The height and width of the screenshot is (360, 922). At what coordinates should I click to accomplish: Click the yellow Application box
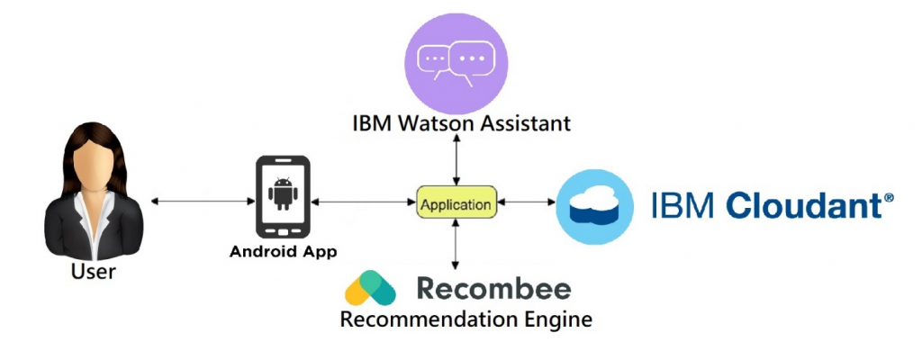tap(457, 203)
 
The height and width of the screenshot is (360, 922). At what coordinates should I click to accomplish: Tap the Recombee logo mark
tap(371, 288)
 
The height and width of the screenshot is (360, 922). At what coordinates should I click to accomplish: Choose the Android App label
tap(283, 252)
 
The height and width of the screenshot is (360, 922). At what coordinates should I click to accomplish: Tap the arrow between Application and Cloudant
tap(528, 204)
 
